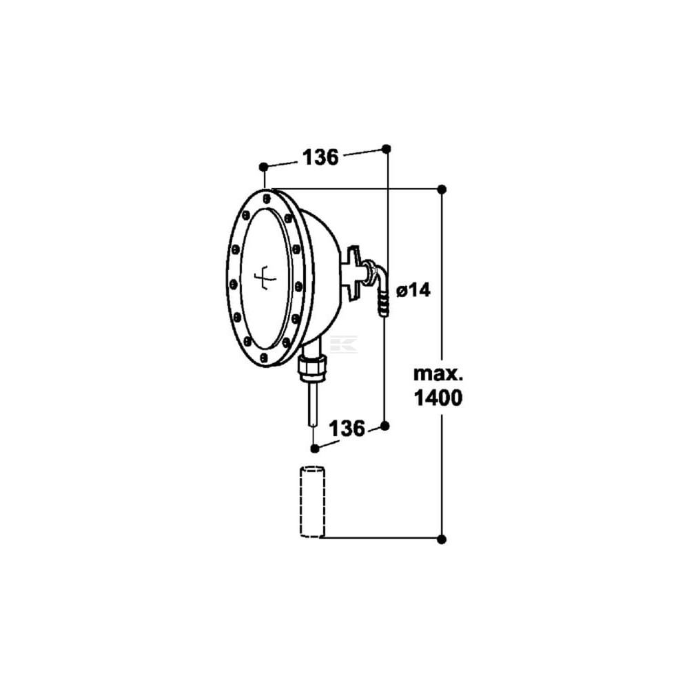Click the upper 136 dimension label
point(320,157)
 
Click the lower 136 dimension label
point(347,429)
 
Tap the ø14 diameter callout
point(413,290)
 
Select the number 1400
point(438,398)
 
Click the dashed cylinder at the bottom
point(312,502)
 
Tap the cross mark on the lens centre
point(265,278)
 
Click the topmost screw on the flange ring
point(267,198)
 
